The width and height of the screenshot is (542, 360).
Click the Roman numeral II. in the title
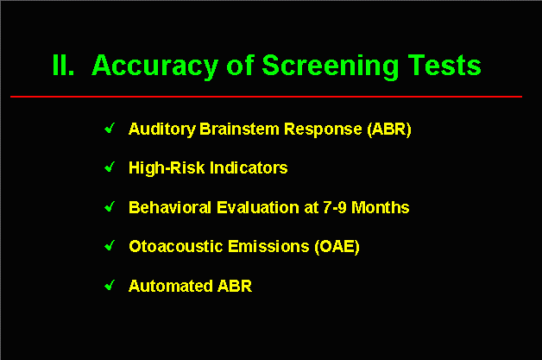(x=63, y=65)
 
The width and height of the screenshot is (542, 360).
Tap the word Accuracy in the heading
(x=154, y=67)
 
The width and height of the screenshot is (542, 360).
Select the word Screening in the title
(x=331, y=67)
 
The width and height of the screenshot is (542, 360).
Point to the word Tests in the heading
(x=444, y=65)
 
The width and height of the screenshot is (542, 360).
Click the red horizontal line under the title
(x=266, y=97)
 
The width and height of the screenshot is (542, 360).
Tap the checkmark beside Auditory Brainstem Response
(x=110, y=129)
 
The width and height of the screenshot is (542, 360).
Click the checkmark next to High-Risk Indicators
(x=110, y=167)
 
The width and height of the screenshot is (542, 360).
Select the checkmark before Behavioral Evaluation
(x=110, y=207)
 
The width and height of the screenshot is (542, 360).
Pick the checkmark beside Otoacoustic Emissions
(x=110, y=246)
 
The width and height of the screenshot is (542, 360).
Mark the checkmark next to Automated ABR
(x=110, y=285)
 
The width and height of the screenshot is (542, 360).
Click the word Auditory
(x=161, y=129)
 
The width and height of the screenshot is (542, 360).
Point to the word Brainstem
(x=239, y=129)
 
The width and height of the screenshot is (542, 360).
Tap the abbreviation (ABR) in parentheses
(x=389, y=129)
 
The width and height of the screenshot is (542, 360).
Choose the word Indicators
(x=249, y=168)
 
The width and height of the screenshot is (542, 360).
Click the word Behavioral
(x=170, y=207)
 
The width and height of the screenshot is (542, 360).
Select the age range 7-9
(x=334, y=207)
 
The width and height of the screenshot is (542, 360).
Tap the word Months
(x=381, y=207)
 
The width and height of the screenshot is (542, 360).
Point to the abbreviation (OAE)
(x=337, y=247)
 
